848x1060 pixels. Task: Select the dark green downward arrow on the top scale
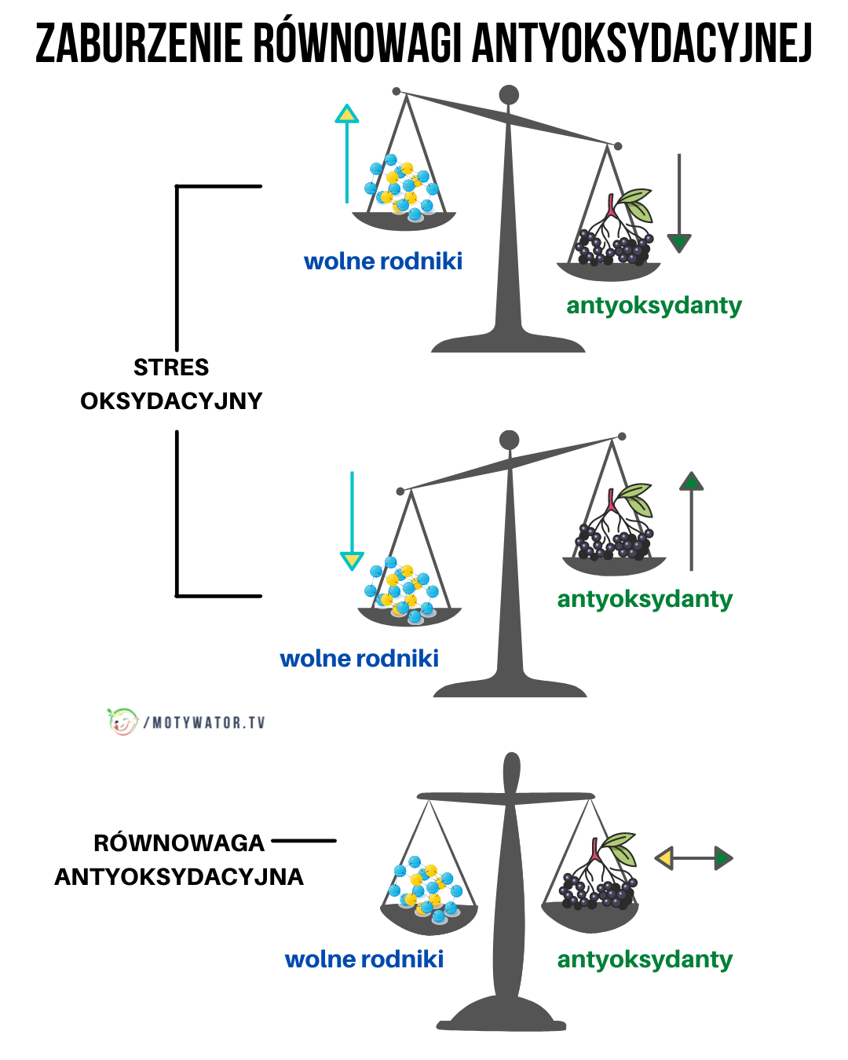679,204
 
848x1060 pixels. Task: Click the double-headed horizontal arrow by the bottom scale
693,858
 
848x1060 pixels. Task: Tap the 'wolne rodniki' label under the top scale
383,261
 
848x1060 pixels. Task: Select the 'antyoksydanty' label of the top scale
653,305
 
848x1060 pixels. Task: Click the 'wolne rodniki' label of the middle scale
359,658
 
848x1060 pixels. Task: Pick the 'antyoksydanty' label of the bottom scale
645,959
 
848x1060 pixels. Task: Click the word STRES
171,367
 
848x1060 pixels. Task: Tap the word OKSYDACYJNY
171,401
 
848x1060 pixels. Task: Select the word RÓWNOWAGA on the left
179,843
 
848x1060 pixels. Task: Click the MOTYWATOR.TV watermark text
208,722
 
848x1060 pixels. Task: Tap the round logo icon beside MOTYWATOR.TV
122,721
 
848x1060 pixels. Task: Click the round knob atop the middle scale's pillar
510,440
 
